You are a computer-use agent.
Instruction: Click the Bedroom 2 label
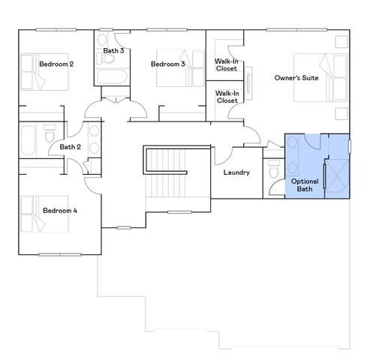click(56, 64)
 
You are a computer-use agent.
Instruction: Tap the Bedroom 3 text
click(168, 64)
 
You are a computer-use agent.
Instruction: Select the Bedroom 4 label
click(60, 211)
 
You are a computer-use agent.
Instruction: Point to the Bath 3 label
click(114, 50)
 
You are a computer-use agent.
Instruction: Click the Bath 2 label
click(70, 148)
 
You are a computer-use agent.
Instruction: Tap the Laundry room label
click(236, 172)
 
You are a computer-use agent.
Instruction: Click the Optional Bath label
click(304, 184)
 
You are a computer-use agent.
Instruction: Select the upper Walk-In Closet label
click(227, 65)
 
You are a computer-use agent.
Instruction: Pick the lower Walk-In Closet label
click(227, 97)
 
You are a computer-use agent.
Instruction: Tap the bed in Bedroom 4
click(33, 211)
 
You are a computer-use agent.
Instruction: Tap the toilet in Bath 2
click(50, 137)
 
